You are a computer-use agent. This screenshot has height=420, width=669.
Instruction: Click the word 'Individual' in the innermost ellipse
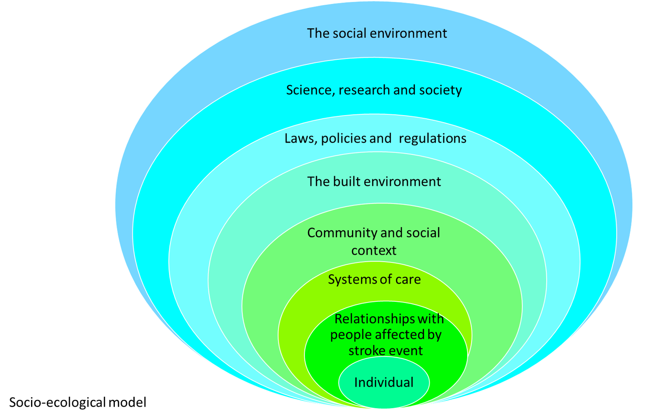click(x=384, y=382)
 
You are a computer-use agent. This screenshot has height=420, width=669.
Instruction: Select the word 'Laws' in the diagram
click(x=300, y=139)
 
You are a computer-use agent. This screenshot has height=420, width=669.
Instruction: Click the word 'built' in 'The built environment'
click(x=346, y=181)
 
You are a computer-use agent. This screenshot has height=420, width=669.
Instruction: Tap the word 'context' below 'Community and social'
click(x=374, y=251)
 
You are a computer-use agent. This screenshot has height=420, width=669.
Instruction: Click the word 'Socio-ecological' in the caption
click(x=57, y=403)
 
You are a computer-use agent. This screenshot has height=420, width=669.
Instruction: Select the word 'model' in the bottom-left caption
click(x=128, y=403)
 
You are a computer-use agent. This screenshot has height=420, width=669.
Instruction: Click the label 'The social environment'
click(x=377, y=34)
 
